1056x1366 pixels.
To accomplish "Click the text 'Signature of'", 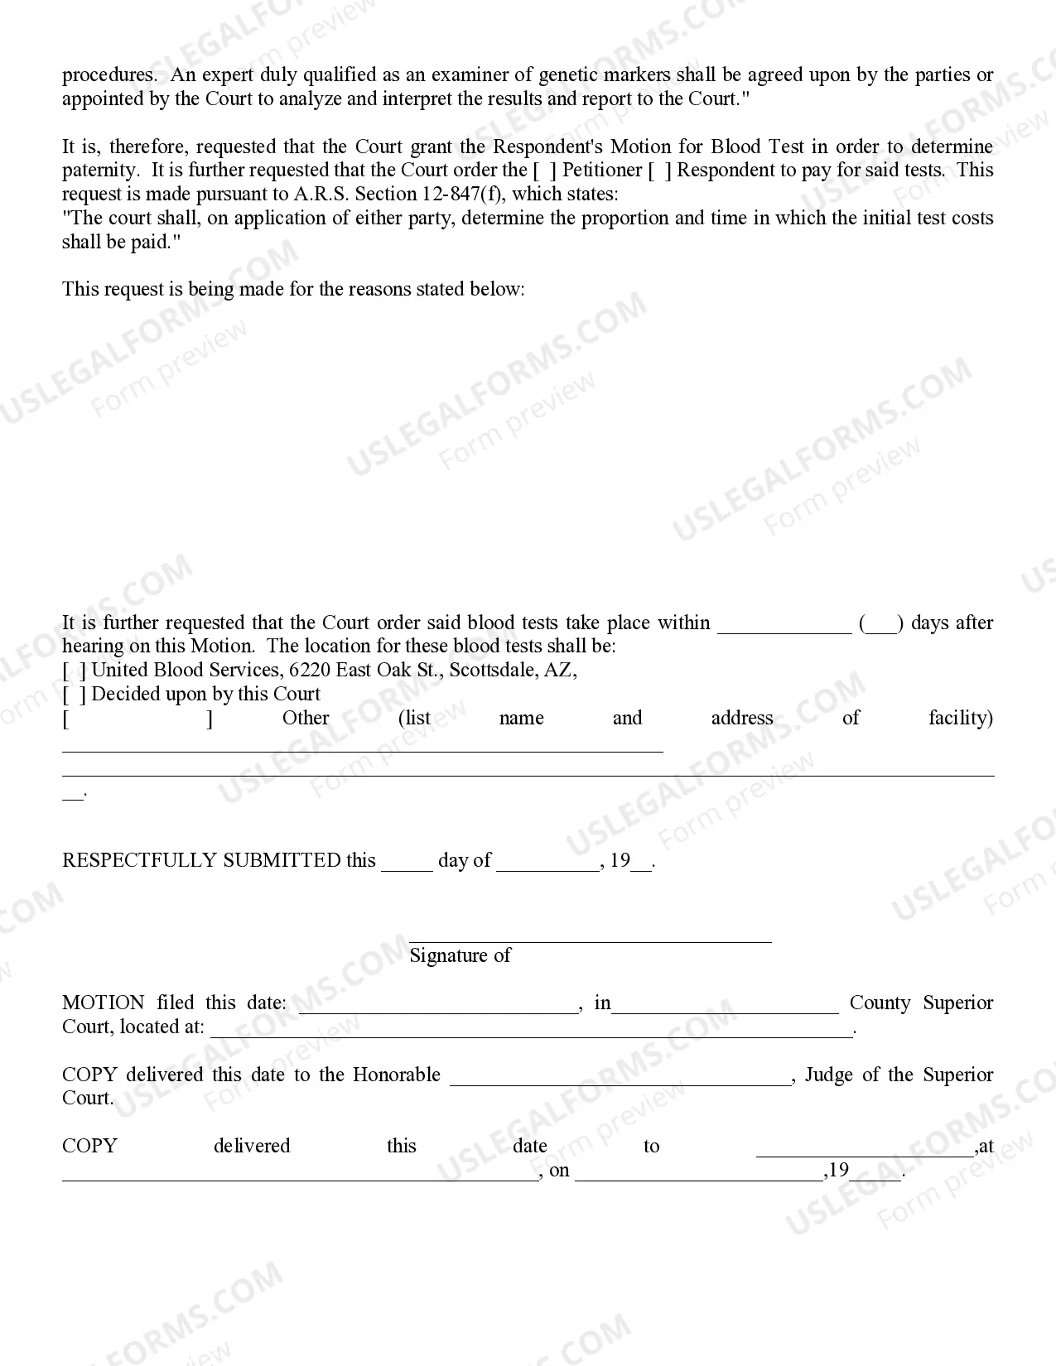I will click(460, 955).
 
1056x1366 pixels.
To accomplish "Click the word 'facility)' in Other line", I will click(960, 718).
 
